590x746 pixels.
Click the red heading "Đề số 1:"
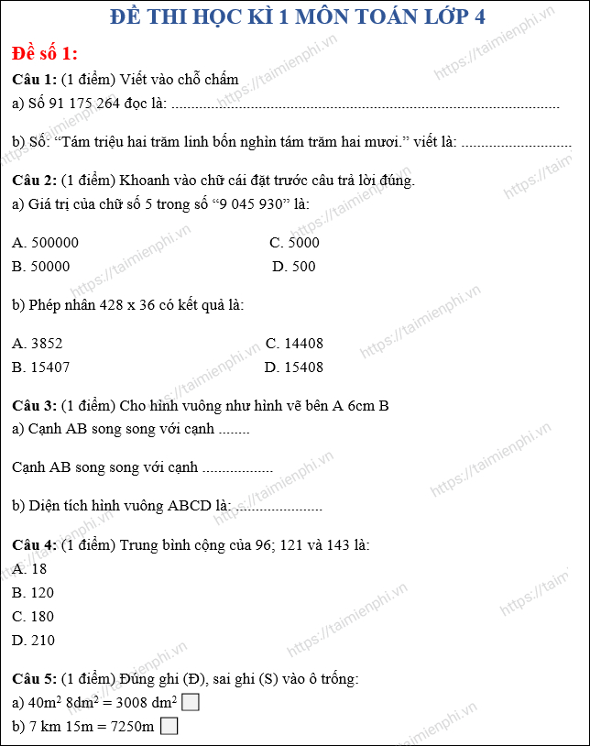(x=45, y=52)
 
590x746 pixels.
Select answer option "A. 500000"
(x=46, y=243)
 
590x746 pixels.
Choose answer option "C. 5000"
(x=294, y=243)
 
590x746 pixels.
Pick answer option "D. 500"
(x=293, y=267)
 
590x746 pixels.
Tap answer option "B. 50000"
(x=41, y=267)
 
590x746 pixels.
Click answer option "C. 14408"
(x=294, y=344)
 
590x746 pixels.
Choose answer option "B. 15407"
(x=41, y=368)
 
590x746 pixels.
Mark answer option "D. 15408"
(x=293, y=368)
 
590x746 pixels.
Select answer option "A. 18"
(x=29, y=569)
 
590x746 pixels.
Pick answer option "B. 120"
(x=33, y=593)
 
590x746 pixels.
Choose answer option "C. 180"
(x=33, y=617)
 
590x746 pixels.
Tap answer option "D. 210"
(x=33, y=641)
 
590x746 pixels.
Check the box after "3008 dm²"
(x=191, y=703)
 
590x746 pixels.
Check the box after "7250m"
(x=169, y=727)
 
